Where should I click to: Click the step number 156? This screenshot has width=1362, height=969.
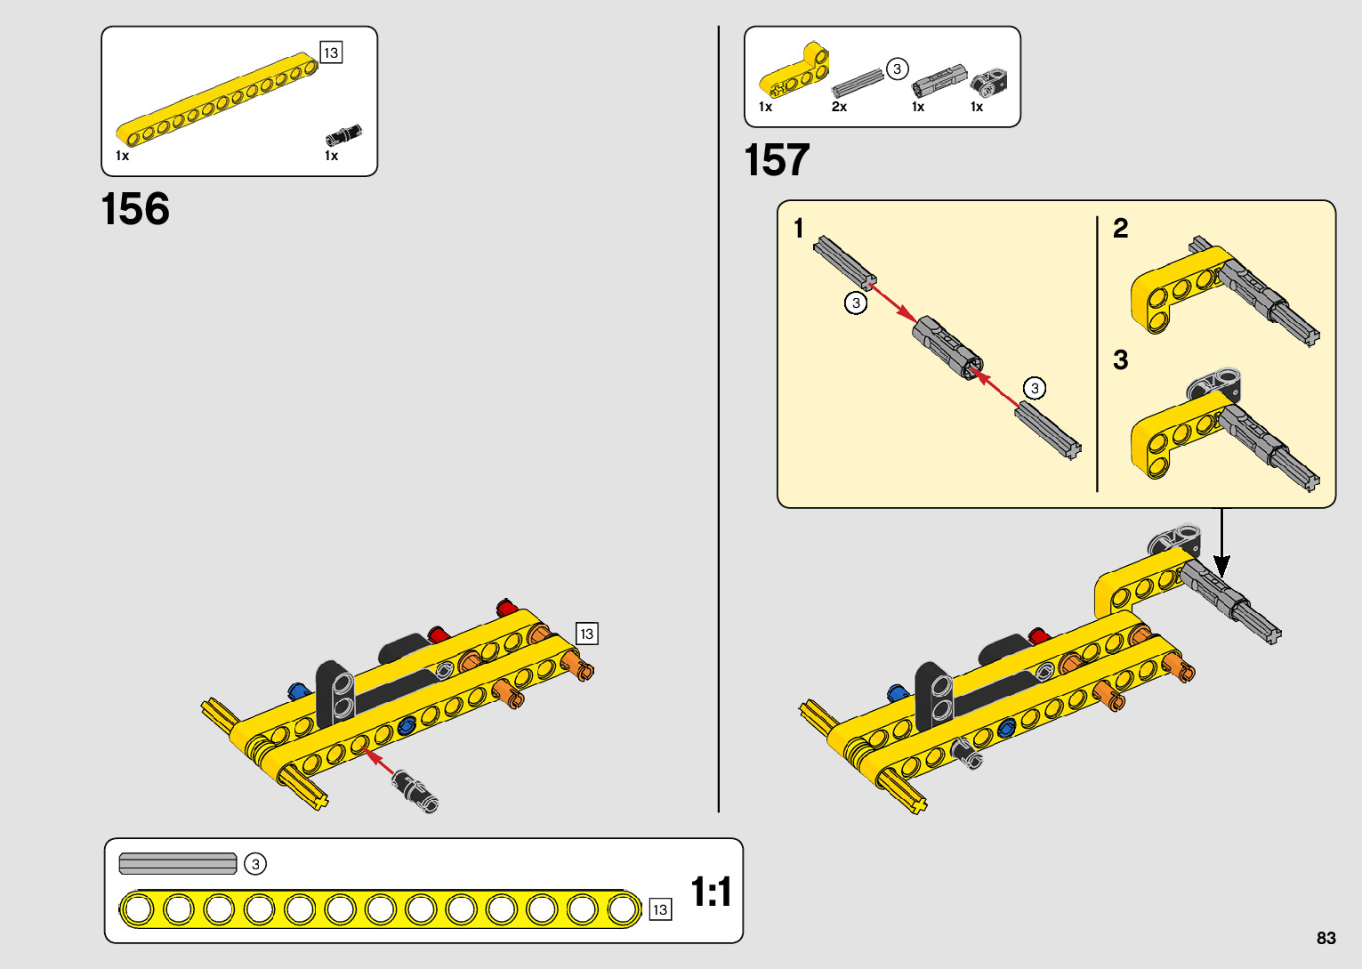pos(135,210)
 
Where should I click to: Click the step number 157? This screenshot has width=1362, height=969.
pos(777,161)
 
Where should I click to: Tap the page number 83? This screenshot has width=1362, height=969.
pos(1326,938)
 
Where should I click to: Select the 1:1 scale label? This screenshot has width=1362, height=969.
pos(711,892)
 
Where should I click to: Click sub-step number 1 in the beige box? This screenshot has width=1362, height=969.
pos(799,229)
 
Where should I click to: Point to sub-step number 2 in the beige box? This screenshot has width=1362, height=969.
pos(1121,229)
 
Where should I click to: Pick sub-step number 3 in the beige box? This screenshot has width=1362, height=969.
pos(1121,359)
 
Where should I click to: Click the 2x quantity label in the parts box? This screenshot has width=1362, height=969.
pos(839,107)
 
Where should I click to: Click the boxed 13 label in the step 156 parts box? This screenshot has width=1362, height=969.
pos(331,52)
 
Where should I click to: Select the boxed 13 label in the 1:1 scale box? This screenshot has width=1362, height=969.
pos(659,909)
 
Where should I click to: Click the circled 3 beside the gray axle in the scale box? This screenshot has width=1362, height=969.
pos(255,864)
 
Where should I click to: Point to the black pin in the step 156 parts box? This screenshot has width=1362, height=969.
pos(343,135)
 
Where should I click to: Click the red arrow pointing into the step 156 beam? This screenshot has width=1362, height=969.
pos(380,763)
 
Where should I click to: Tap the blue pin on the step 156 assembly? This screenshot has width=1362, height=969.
pos(298,691)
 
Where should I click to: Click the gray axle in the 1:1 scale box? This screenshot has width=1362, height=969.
pos(178,864)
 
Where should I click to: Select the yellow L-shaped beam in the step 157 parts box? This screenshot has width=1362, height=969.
pos(795,71)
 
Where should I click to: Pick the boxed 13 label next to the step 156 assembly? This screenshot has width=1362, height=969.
pos(586,634)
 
